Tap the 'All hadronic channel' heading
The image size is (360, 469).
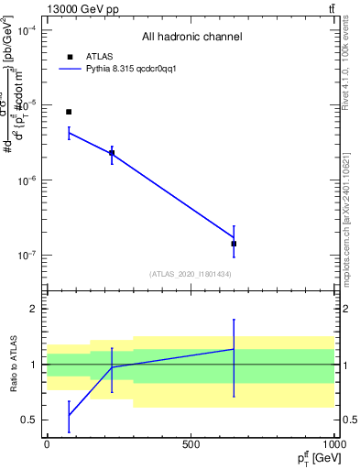coord(191,38)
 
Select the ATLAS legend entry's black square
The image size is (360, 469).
coord(70,57)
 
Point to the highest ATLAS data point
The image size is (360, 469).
coord(69,112)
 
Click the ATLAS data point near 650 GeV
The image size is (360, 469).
coord(234,244)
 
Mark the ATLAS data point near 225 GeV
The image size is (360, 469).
coord(112,153)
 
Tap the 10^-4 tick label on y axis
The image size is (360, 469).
coord(27,30)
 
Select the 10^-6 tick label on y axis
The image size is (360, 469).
coord(27,180)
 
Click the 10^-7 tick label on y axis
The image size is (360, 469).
coord(27,256)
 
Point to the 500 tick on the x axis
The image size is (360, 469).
coord(191,444)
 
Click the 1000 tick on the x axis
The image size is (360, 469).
coord(333,444)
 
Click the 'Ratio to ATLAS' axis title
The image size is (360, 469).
coord(14,365)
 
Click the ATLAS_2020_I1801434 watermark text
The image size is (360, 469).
coord(190,274)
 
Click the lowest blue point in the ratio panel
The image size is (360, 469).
coord(69,416)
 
